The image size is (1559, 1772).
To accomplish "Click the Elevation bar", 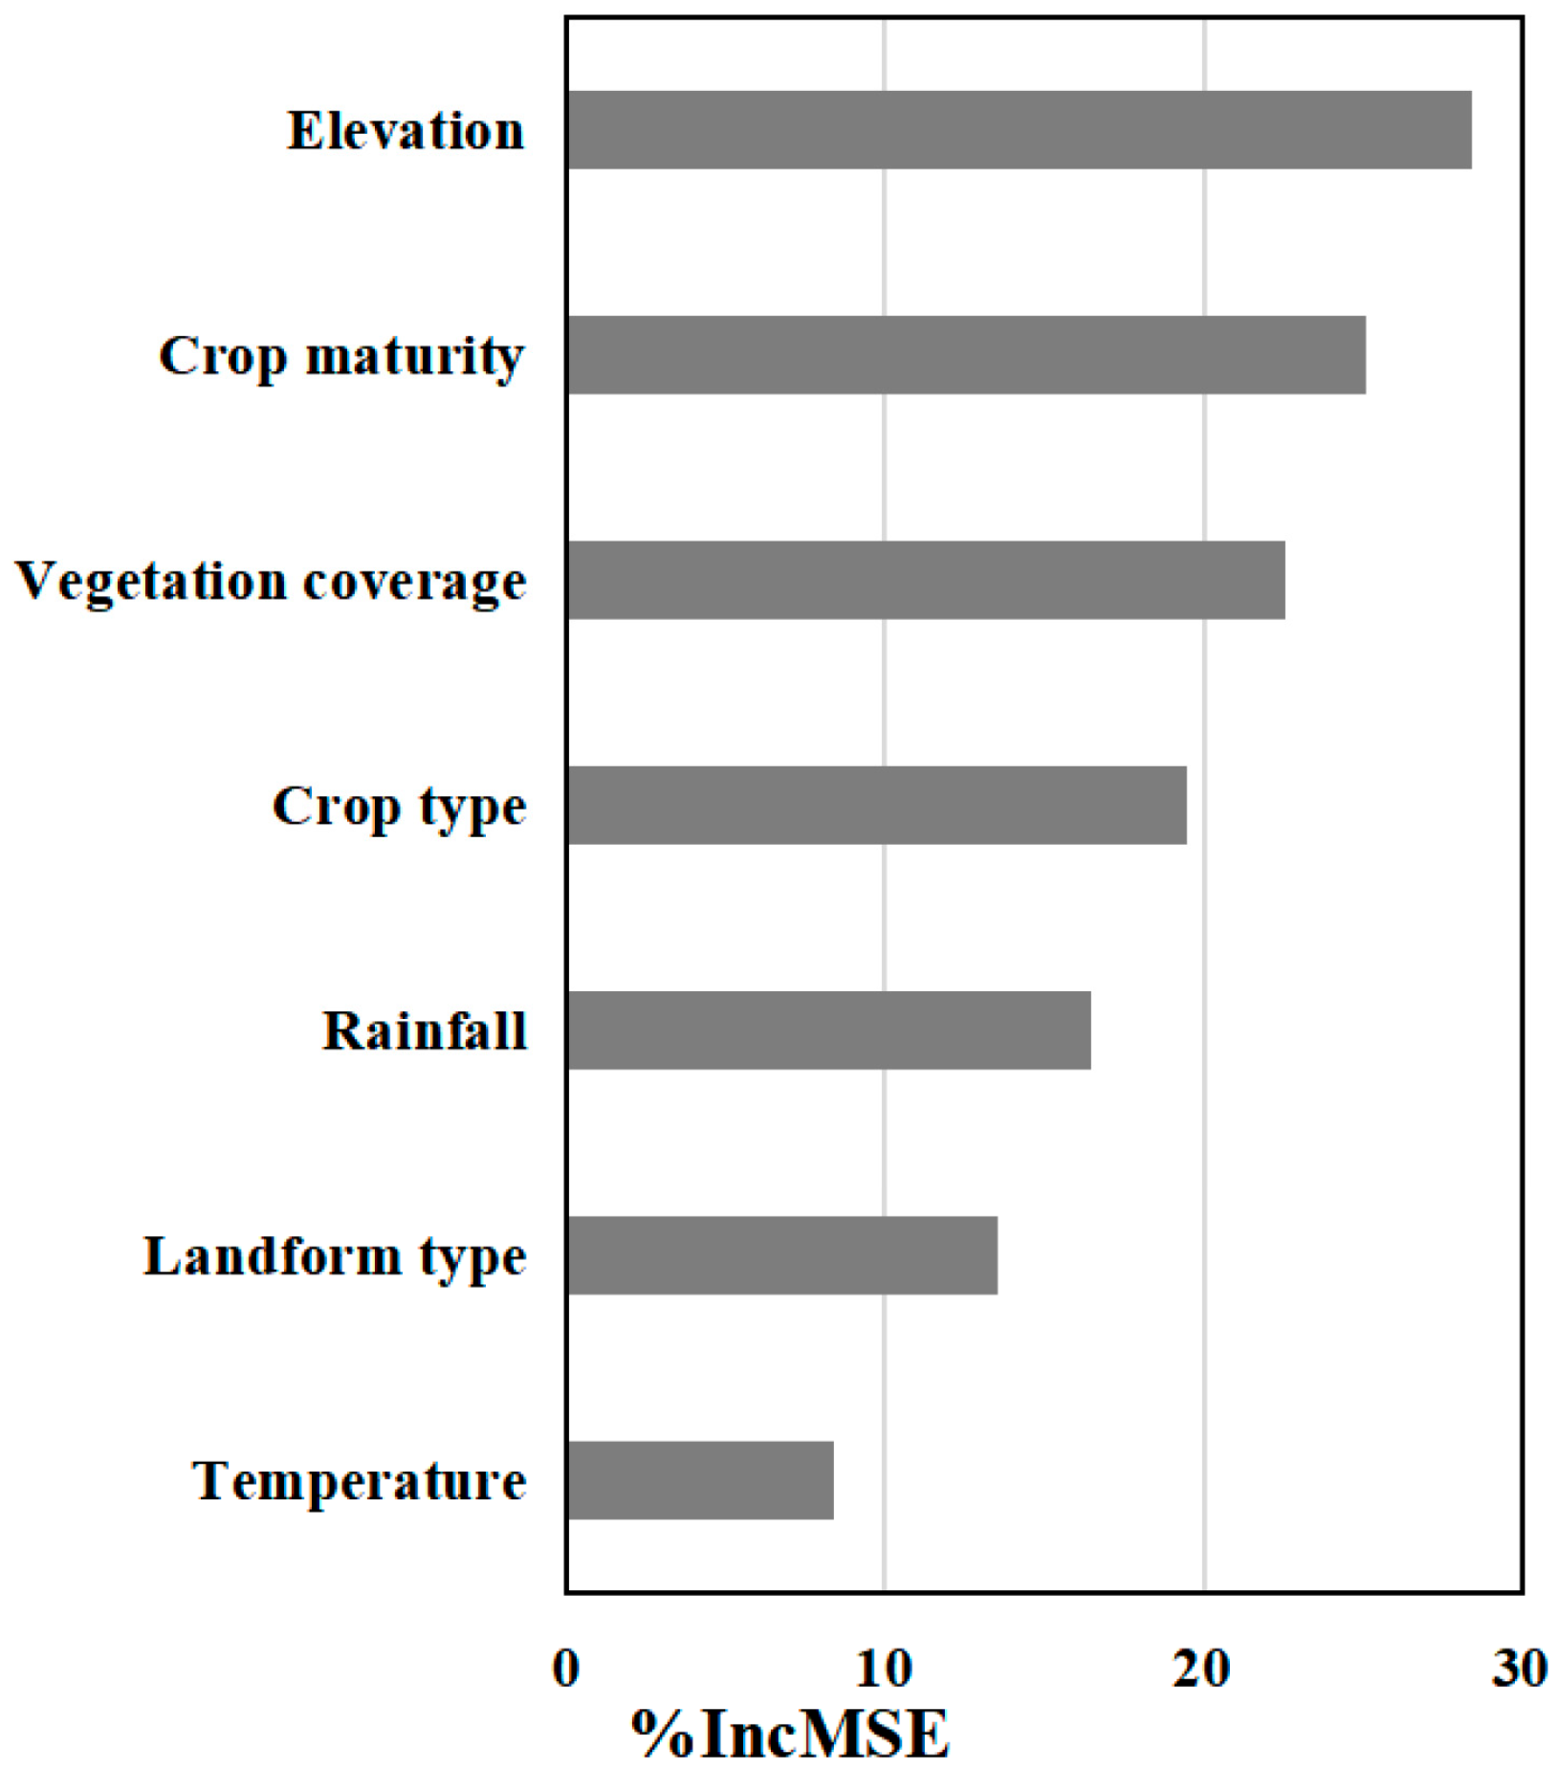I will pos(1019,130).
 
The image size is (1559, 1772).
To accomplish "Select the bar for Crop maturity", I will pos(966,355).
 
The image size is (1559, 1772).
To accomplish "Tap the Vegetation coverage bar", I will pos(926,580).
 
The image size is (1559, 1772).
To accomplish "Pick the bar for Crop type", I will pos(876,805).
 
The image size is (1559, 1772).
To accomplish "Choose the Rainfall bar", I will pos(828,1030).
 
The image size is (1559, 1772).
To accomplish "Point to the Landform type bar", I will pos(781,1255).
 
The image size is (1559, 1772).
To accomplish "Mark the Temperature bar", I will pos(699,1480).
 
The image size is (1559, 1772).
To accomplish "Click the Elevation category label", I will pos(406,131).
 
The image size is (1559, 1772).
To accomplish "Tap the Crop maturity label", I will pos(341,358).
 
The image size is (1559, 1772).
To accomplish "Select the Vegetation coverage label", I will pos(271,582).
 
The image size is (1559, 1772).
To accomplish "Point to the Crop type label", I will pos(399,808).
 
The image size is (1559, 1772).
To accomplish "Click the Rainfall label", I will pos(425,1031).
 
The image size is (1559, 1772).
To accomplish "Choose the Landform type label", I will pos(335,1257).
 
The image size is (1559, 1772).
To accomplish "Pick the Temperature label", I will pos(360,1482).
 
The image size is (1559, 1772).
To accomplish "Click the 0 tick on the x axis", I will pos(566,1669).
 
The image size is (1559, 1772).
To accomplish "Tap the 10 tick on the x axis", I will pos(885,1669).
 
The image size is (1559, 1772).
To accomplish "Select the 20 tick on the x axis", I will pos(1202,1669).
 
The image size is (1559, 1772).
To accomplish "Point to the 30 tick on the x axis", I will pos(1520,1669).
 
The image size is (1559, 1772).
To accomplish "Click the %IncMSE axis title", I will pos(790,1734).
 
